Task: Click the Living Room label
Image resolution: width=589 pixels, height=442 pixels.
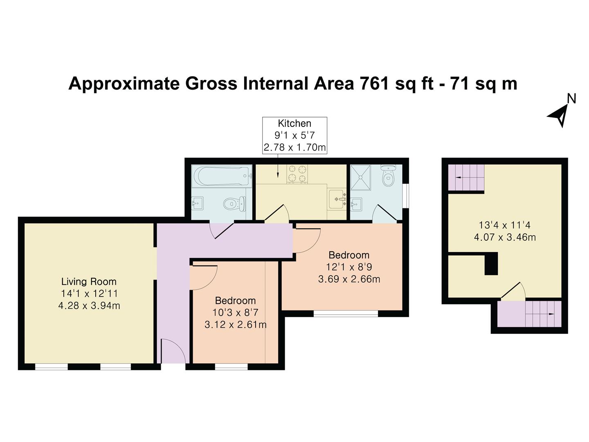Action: pyautogui.click(x=89, y=282)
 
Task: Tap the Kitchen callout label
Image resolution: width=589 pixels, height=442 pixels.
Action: pyautogui.click(x=294, y=124)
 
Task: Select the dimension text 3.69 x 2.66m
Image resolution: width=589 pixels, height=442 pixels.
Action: pyautogui.click(x=349, y=280)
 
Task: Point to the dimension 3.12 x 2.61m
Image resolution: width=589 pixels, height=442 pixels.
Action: pyautogui.click(x=235, y=325)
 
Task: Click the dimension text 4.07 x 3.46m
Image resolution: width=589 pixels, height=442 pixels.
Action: pyautogui.click(x=505, y=237)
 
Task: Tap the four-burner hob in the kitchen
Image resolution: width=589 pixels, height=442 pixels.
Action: pyautogui.click(x=297, y=174)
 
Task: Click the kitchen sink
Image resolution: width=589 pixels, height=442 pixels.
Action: pyautogui.click(x=337, y=199)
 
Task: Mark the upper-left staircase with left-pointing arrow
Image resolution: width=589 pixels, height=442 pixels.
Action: pyautogui.click(x=466, y=177)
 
